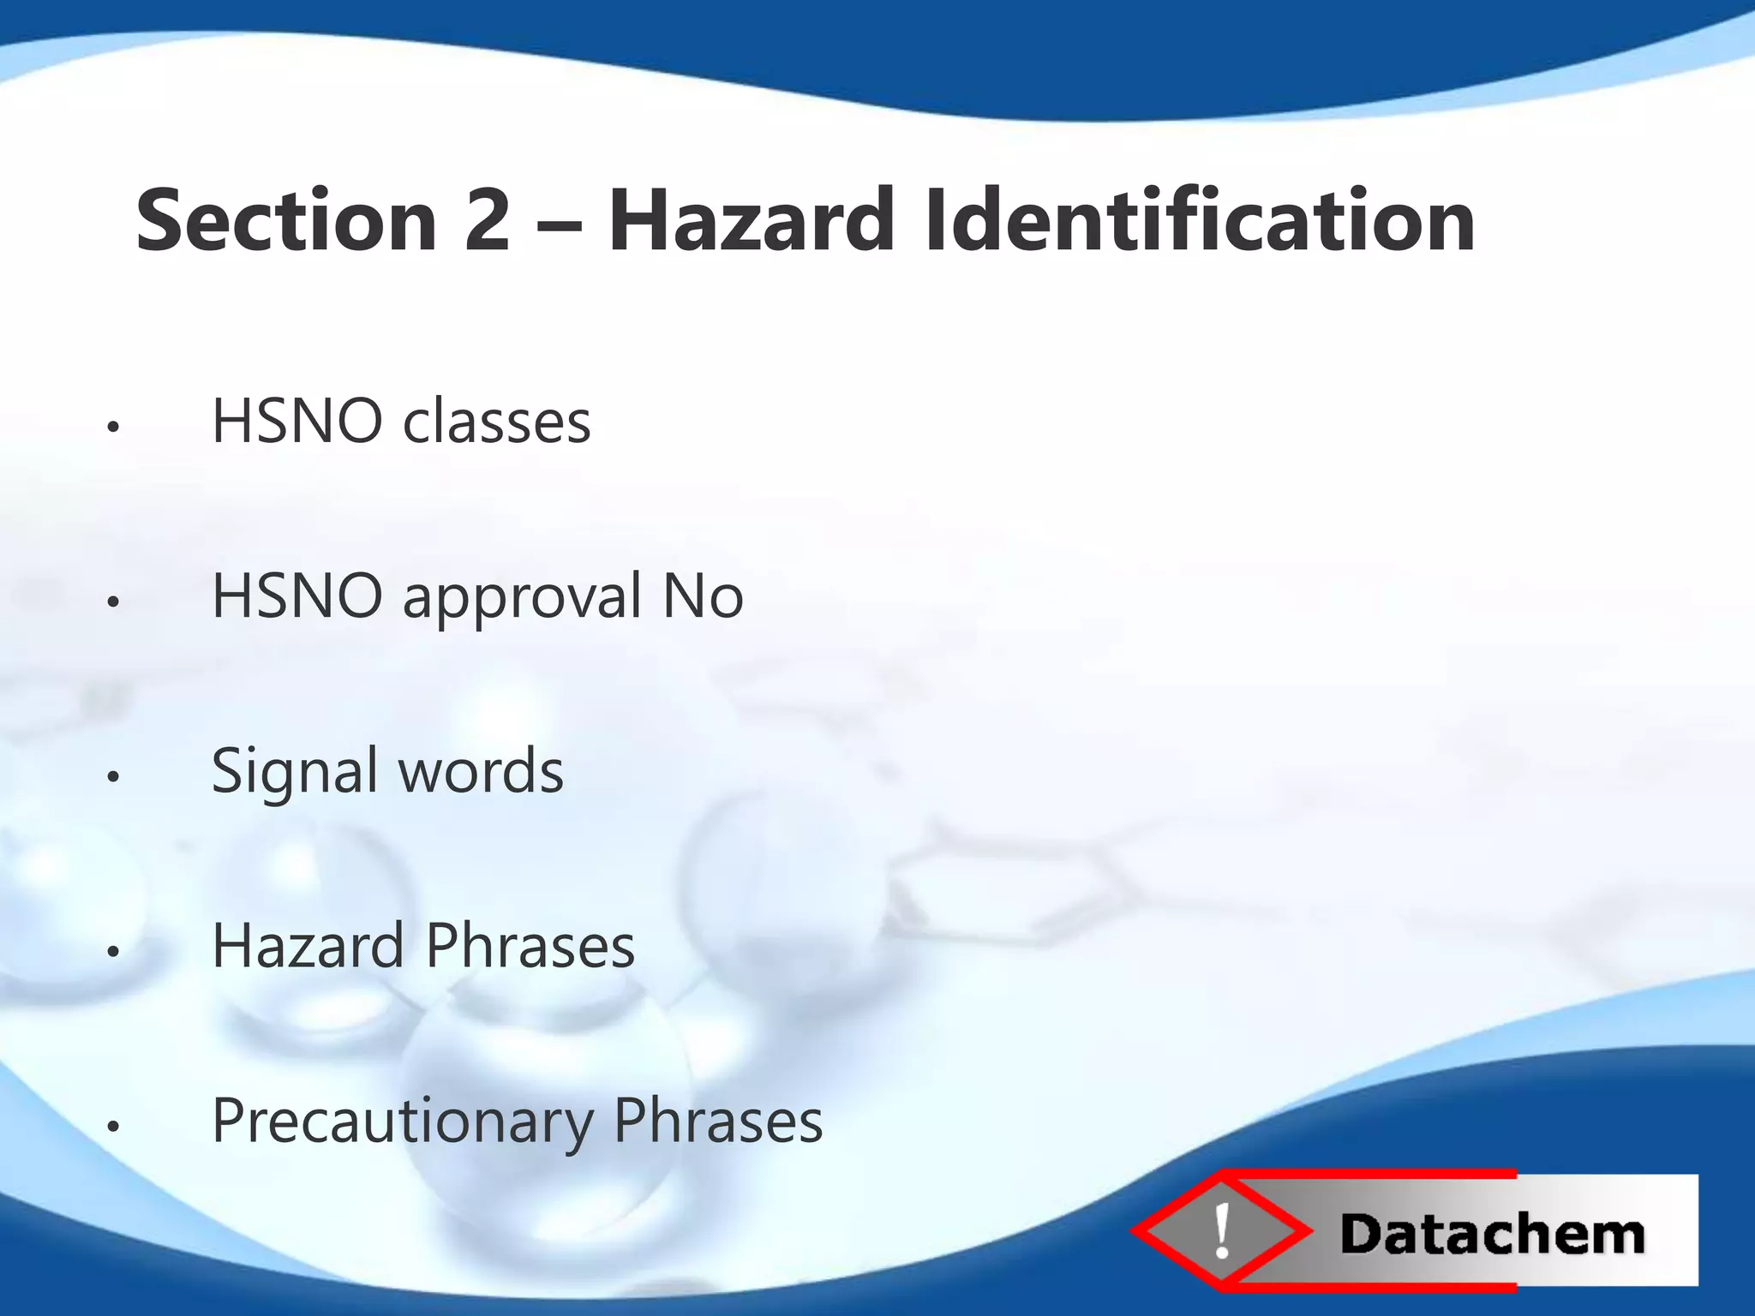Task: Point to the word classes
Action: point(496,422)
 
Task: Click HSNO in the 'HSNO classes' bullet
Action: point(296,422)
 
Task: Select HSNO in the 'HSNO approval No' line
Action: point(296,596)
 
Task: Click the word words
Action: point(481,771)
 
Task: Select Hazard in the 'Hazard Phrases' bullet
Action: point(308,946)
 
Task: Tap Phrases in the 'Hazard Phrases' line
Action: point(530,946)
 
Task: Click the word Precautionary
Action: point(403,1122)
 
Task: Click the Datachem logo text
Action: point(1492,1235)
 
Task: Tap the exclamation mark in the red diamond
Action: point(1222,1231)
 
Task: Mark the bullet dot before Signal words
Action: point(112,776)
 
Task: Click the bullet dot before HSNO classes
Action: point(112,427)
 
